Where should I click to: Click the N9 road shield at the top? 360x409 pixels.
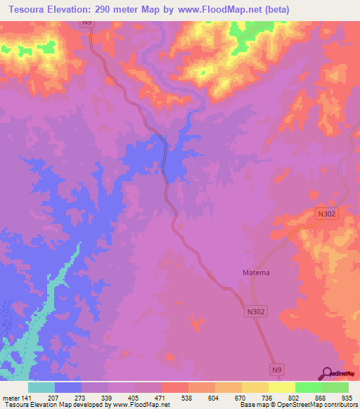tap(86, 23)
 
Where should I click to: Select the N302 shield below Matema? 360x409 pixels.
tap(257, 310)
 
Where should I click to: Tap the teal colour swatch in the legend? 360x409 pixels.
tap(41, 387)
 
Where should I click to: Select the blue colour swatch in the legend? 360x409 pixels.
tap(68, 387)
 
